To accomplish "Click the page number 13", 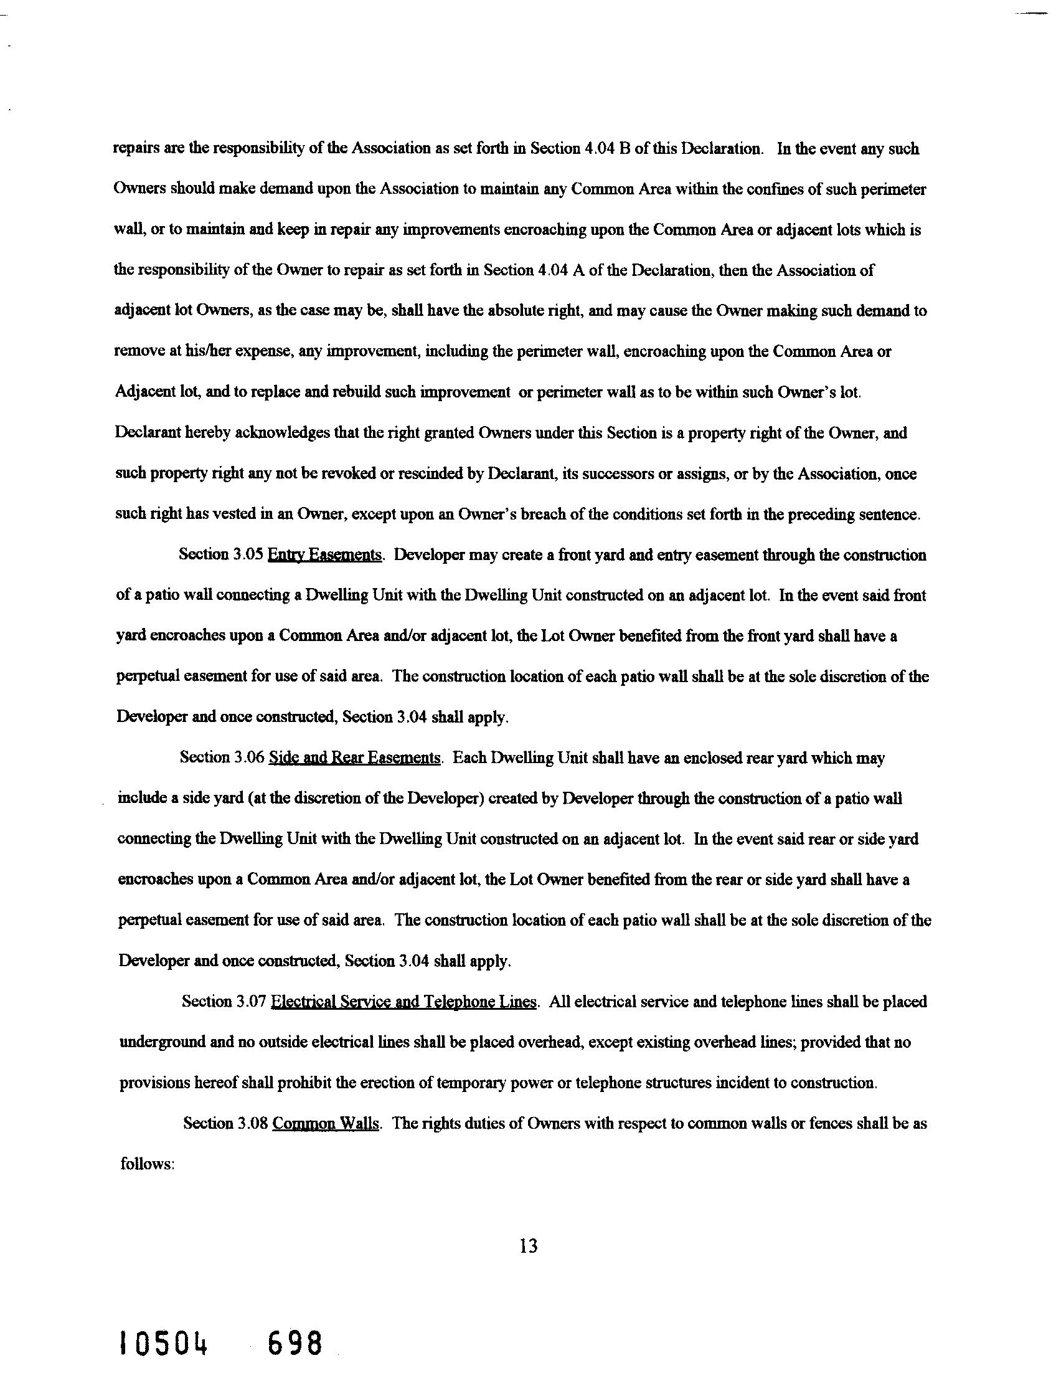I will point(528,1246).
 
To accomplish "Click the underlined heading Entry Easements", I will point(325,556).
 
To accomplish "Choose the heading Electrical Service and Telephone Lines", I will point(403,1002).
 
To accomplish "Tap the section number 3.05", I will point(247,556).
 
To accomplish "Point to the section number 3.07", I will point(250,1002).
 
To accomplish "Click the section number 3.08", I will point(251,1123).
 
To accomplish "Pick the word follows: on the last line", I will point(147,1164).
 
